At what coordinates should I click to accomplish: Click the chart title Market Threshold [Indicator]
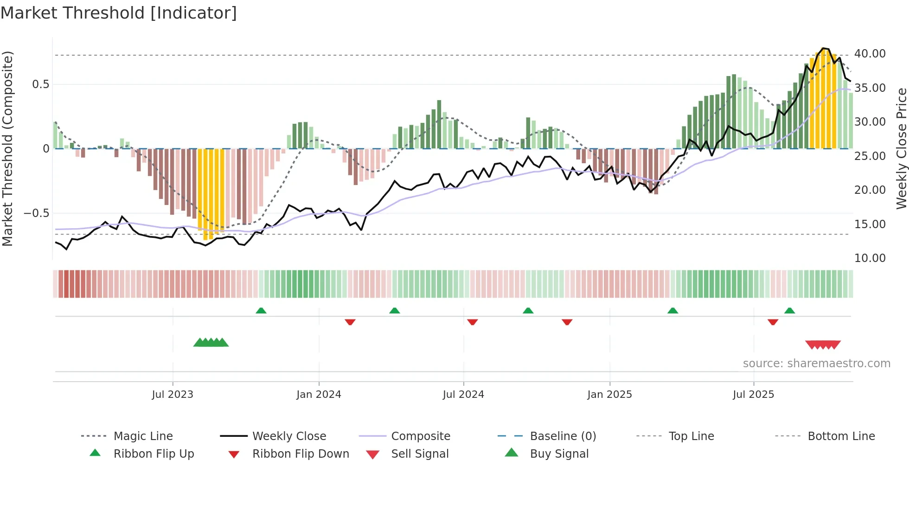coord(119,13)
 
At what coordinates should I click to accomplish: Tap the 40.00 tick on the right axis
coord(870,54)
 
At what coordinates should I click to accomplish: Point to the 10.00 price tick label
coord(870,258)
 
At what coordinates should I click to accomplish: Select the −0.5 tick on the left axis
coord(36,213)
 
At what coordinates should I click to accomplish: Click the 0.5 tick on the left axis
coord(40,84)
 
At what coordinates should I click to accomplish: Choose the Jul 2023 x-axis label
coord(173,395)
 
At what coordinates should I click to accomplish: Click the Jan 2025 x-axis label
coord(609,395)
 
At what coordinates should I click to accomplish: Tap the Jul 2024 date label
coord(463,395)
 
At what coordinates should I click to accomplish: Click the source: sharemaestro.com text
coord(816,364)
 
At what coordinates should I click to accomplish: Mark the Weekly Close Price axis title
coord(901,148)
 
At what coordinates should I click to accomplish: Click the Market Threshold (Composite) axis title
coord(7,148)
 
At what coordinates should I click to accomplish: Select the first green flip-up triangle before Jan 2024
coord(261,311)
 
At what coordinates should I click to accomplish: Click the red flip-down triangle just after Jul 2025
coord(773,322)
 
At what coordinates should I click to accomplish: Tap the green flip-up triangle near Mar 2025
coord(672,311)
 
